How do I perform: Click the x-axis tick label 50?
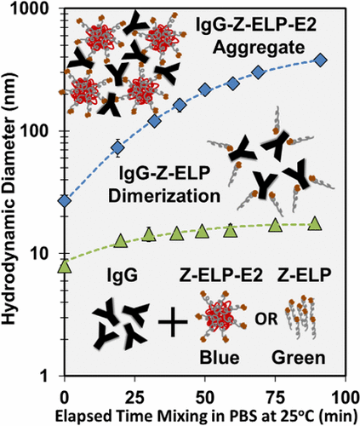(204, 396)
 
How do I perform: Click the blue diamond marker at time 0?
(64, 200)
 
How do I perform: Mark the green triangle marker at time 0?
(64, 266)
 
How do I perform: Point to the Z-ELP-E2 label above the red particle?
(218, 274)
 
